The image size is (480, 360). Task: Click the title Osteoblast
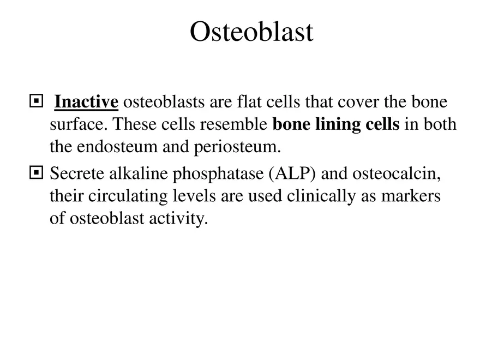point(251,32)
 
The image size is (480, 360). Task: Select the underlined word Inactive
point(86,102)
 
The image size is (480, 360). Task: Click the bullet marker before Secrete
point(36,174)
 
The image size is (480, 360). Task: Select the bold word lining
point(338,125)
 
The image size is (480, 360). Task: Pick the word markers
point(413,196)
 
